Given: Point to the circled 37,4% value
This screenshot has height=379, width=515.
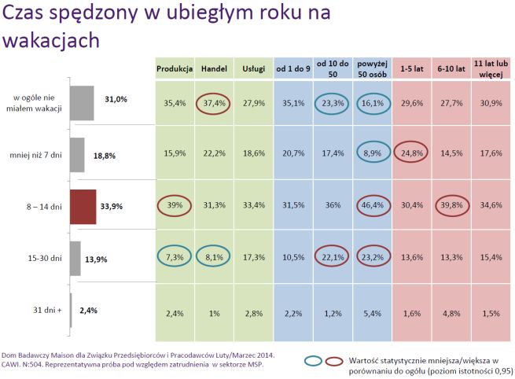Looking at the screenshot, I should [214, 102].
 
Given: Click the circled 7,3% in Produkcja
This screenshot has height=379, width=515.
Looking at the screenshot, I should [175, 257].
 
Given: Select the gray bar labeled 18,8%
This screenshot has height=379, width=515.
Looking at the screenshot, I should [77, 155].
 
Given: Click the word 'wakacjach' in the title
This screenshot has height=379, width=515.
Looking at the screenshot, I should [51, 39].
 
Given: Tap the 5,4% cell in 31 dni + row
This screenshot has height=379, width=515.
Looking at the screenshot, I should [372, 312].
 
